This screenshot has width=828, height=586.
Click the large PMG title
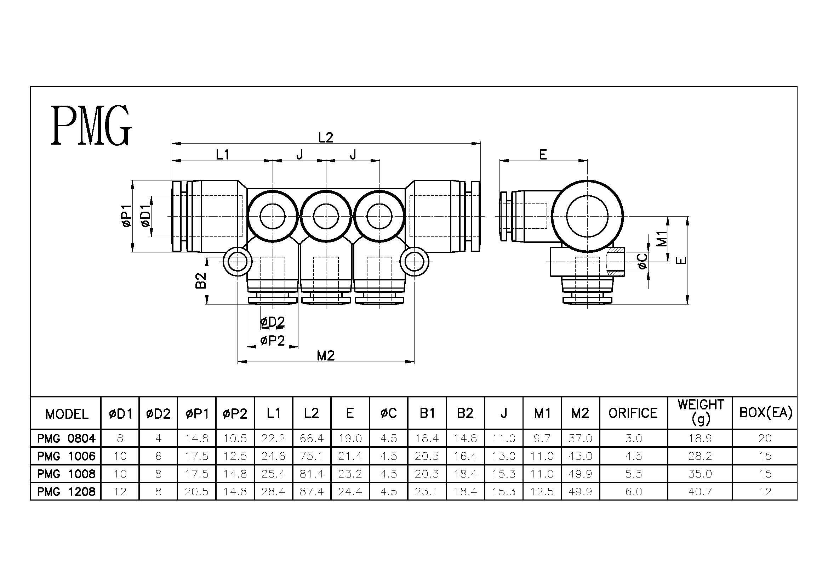point(91,125)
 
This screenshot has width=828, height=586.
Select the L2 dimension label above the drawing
point(326,138)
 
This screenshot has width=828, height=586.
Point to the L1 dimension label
point(223,155)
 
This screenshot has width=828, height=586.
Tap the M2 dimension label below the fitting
point(326,356)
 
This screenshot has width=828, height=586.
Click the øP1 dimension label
point(127,216)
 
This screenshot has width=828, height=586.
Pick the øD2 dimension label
point(272,322)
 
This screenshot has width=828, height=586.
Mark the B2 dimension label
point(201,280)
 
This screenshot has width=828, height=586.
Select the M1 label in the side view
point(662,239)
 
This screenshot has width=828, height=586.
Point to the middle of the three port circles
point(326,216)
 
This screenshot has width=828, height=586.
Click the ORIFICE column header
point(633,413)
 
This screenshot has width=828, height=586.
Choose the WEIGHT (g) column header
point(700,411)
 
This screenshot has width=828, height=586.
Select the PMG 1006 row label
point(66,456)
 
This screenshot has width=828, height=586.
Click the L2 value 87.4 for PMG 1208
point(312,491)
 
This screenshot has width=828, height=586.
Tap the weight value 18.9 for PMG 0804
point(700,438)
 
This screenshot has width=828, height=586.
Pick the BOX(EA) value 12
point(765,491)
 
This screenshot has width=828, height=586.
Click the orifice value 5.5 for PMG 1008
point(634,474)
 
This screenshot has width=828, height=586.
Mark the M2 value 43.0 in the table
point(580,456)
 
